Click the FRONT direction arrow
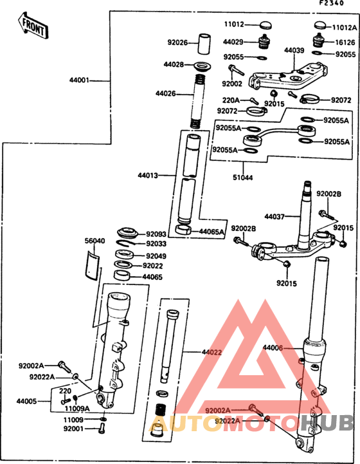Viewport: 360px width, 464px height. click(33, 26)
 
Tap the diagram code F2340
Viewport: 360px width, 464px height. click(332, 3)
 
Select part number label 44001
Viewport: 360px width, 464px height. click(79, 80)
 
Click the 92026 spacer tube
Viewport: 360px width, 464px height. click(204, 44)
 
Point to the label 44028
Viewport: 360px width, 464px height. click(174, 64)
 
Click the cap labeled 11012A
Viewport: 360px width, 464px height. click(319, 26)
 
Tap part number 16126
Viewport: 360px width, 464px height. click(345, 42)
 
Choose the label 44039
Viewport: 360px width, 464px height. click(294, 50)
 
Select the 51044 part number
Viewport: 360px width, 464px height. click(242, 178)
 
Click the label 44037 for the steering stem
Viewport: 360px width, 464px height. click(274, 217)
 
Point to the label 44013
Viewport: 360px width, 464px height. click(148, 176)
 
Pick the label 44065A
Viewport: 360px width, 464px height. click(212, 232)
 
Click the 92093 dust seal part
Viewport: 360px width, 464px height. click(128, 233)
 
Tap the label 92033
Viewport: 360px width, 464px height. click(156, 244)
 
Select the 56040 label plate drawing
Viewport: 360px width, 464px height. click(92, 265)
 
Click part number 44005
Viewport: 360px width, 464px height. click(26, 402)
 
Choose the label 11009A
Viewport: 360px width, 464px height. click(77, 409)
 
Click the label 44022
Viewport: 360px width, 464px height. click(212, 352)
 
